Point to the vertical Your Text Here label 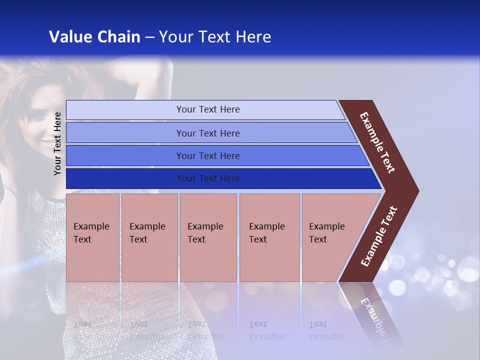pos(57,143)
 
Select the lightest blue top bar pos(205,110)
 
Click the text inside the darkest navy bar pos(208,178)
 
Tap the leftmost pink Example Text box pos(92,237)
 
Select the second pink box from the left pos(149,237)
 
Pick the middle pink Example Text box pos(208,237)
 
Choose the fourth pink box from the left pos(269,237)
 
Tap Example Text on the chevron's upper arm pos(377,142)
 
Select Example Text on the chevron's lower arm pos(379,236)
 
